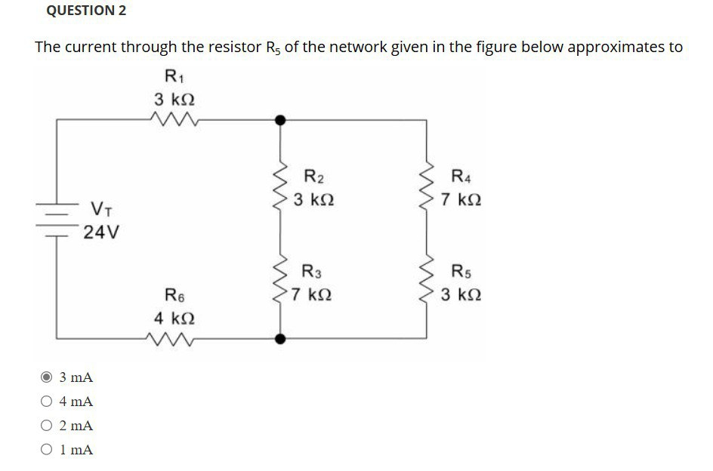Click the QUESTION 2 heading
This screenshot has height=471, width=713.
pyautogui.click(x=86, y=11)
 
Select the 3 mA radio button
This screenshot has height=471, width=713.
pyautogui.click(x=47, y=377)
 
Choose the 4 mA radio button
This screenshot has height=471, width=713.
pyautogui.click(x=47, y=401)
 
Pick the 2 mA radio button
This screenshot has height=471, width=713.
pyautogui.click(x=47, y=426)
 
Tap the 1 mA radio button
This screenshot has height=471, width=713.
pyautogui.click(x=47, y=450)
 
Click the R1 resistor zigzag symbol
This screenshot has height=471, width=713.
pyautogui.click(x=174, y=119)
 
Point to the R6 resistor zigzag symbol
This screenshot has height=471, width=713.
pyautogui.click(x=174, y=339)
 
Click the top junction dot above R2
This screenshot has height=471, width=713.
pyautogui.click(x=281, y=119)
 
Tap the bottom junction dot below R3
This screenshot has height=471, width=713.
pyautogui.click(x=281, y=339)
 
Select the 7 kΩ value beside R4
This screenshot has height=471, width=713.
pyautogui.click(x=462, y=202)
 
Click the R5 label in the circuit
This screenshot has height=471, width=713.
pyautogui.click(x=461, y=270)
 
